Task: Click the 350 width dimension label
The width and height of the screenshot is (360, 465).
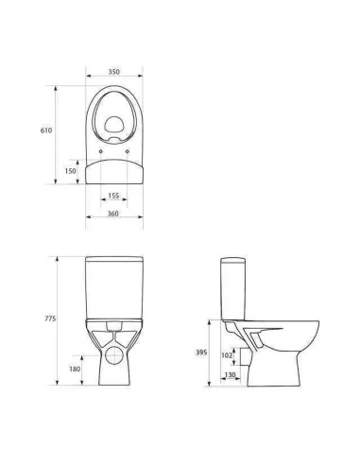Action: (x=114, y=72)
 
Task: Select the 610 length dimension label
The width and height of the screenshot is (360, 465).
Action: (x=46, y=130)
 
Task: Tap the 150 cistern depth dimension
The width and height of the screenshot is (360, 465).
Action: (x=71, y=171)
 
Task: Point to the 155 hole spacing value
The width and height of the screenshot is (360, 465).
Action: (x=113, y=196)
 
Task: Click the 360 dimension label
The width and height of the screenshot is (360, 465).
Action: (x=113, y=214)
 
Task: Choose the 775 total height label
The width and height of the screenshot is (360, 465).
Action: (x=50, y=319)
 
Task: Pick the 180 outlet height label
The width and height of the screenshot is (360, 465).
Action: (x=75, y=369)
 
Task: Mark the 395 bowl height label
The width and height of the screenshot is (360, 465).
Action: (x=201, y=353)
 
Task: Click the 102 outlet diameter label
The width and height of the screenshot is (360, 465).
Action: (x=227, y=355)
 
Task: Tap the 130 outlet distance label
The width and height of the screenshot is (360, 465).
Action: (x=230, y=375)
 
